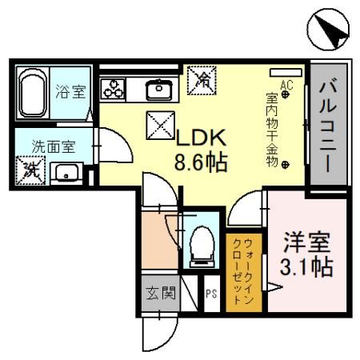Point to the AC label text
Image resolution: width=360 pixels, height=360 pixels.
(x=285, y=82)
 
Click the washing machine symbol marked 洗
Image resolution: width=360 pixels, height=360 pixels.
(x=31, y=170)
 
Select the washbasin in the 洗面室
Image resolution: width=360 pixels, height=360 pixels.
(x=67, y=171)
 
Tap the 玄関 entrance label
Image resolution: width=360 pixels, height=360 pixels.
(x=157, y=293)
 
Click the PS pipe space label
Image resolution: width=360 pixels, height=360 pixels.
(x=212, y=293)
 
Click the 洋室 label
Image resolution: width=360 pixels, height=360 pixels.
(x=305, y=241)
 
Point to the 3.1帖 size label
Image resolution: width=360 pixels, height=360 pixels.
(x=305, y=266)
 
